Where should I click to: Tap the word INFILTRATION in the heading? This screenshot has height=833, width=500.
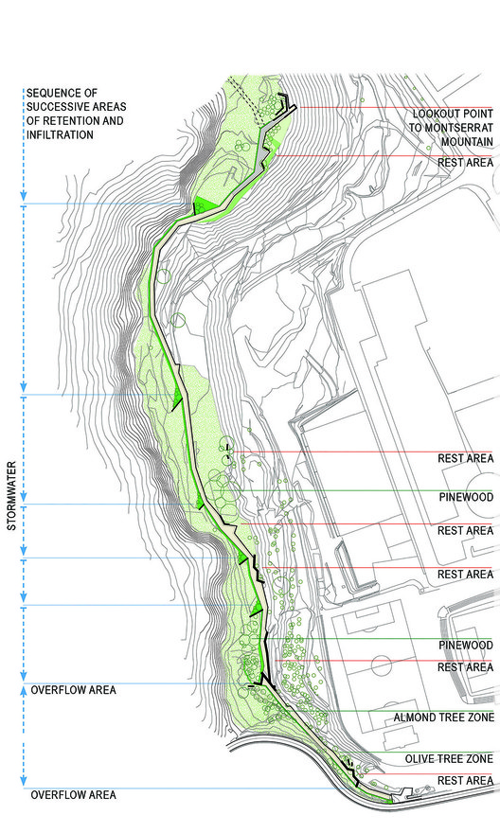pos(61,134)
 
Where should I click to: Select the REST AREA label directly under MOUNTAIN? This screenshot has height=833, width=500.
pos(465,163)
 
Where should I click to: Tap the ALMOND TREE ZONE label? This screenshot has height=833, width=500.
pos(444,718)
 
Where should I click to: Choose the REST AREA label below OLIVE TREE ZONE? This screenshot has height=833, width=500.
pos(465,780)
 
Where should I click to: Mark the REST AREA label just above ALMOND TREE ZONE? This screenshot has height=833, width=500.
pos(465,667)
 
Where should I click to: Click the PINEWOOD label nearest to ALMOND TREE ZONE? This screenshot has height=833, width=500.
pos(465,645)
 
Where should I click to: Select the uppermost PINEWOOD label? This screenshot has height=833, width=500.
pos(465,495)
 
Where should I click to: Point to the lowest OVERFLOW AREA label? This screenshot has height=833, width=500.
pos(73,795)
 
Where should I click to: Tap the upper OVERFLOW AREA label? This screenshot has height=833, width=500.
pos(73,690)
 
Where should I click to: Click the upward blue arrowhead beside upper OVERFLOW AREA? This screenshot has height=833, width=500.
pos(23,690)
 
